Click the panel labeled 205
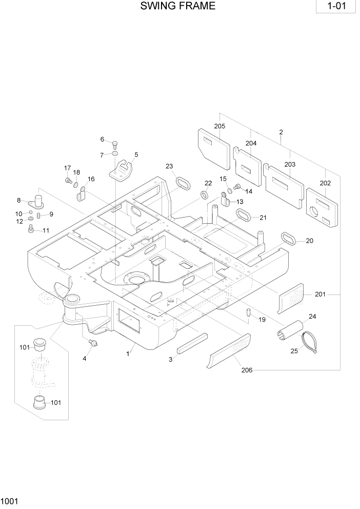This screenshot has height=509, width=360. [x=214, y=147]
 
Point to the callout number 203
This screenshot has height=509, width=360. [x=290, y=164]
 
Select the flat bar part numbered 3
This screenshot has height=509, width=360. [x=192, y=343]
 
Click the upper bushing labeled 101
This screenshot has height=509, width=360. [x=39, y=342]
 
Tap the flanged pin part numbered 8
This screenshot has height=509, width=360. [x=39, y=200]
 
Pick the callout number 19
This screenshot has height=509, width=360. [x=262, y=320]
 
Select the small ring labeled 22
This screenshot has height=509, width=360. [x=204, y=195]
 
